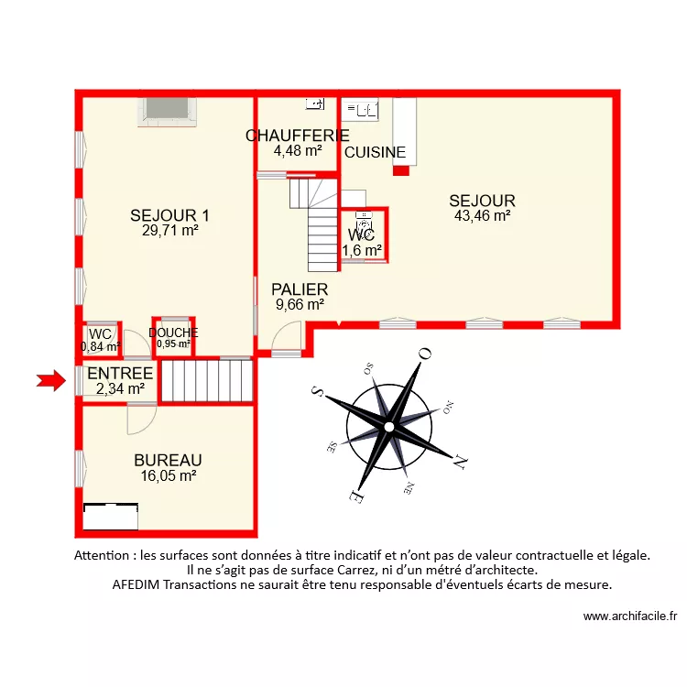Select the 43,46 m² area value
pos(482,216)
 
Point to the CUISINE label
pos(375,153)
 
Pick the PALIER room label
pos(300,290)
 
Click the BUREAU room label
pos(168,460)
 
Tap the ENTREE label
pos(120,373)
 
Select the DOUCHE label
pos(173,333)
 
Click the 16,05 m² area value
pos(168,475)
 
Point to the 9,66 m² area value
pos(300,305)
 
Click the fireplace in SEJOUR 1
pos(167,110)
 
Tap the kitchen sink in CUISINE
pos(361,111)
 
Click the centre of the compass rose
pos(389,426)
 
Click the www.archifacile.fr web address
pos(629,617)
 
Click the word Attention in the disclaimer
pos(103,555)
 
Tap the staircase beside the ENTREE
pos(207,381)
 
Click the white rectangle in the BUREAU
pos(110,517)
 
